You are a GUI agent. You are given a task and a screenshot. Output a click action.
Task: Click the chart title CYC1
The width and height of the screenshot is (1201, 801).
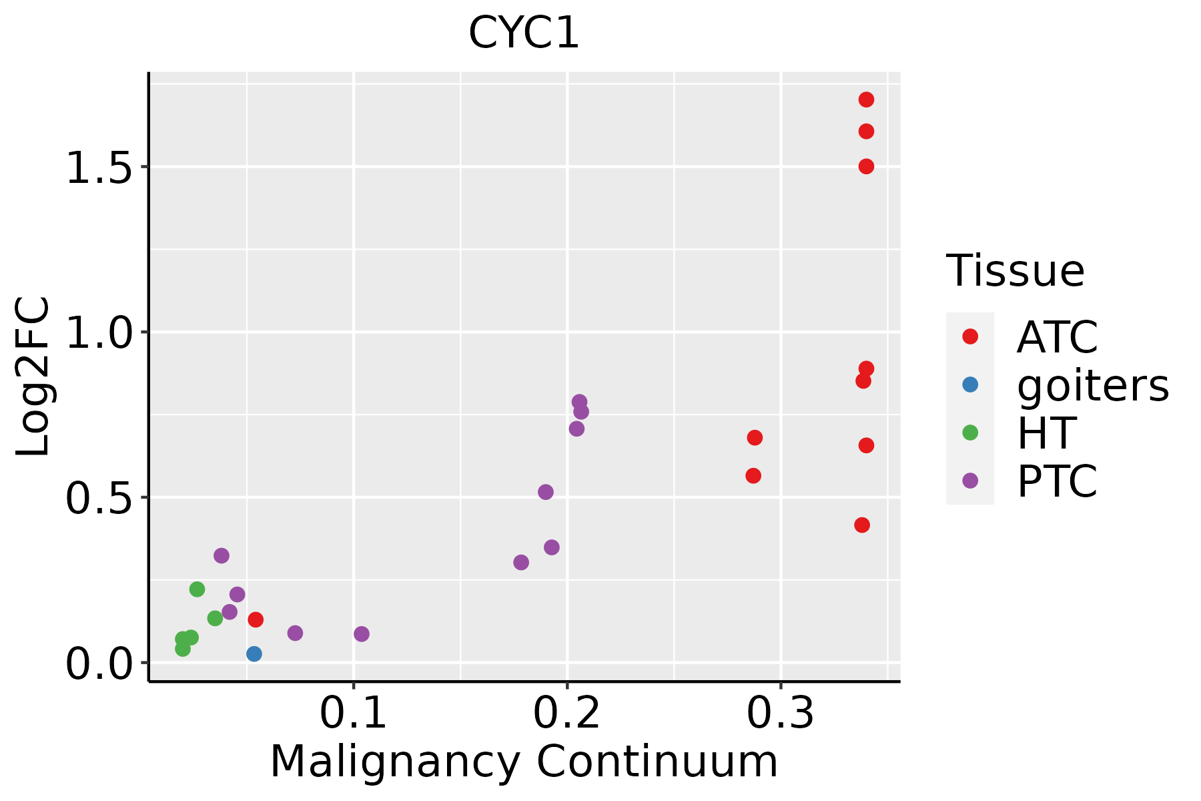tap(524, 33)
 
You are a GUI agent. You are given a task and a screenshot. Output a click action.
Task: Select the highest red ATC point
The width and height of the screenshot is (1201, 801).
tap(866, 99)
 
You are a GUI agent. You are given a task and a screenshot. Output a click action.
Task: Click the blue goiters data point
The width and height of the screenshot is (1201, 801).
tap(254, 653)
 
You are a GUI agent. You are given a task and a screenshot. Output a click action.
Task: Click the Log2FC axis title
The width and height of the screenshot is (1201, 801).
tap(33, 377)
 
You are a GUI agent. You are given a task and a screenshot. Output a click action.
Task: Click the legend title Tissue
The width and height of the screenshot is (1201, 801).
tap(1016, 271)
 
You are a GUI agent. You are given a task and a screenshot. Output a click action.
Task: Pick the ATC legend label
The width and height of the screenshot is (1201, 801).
tap(1057, 337)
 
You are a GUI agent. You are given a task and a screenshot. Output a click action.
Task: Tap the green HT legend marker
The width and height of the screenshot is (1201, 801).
tap(970, 433)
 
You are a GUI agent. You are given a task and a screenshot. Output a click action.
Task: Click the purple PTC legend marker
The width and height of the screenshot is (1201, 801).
tap(970, 481)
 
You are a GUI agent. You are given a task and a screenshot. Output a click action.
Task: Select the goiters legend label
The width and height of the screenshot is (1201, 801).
tap(1093, 385)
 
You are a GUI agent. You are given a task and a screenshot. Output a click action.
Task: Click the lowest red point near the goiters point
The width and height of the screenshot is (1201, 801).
tap(255, 619)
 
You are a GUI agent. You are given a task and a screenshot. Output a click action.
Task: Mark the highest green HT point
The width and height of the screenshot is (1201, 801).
tap(197, 589)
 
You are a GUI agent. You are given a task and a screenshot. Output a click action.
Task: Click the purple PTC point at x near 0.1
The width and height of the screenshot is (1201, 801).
tap(361, 633)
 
